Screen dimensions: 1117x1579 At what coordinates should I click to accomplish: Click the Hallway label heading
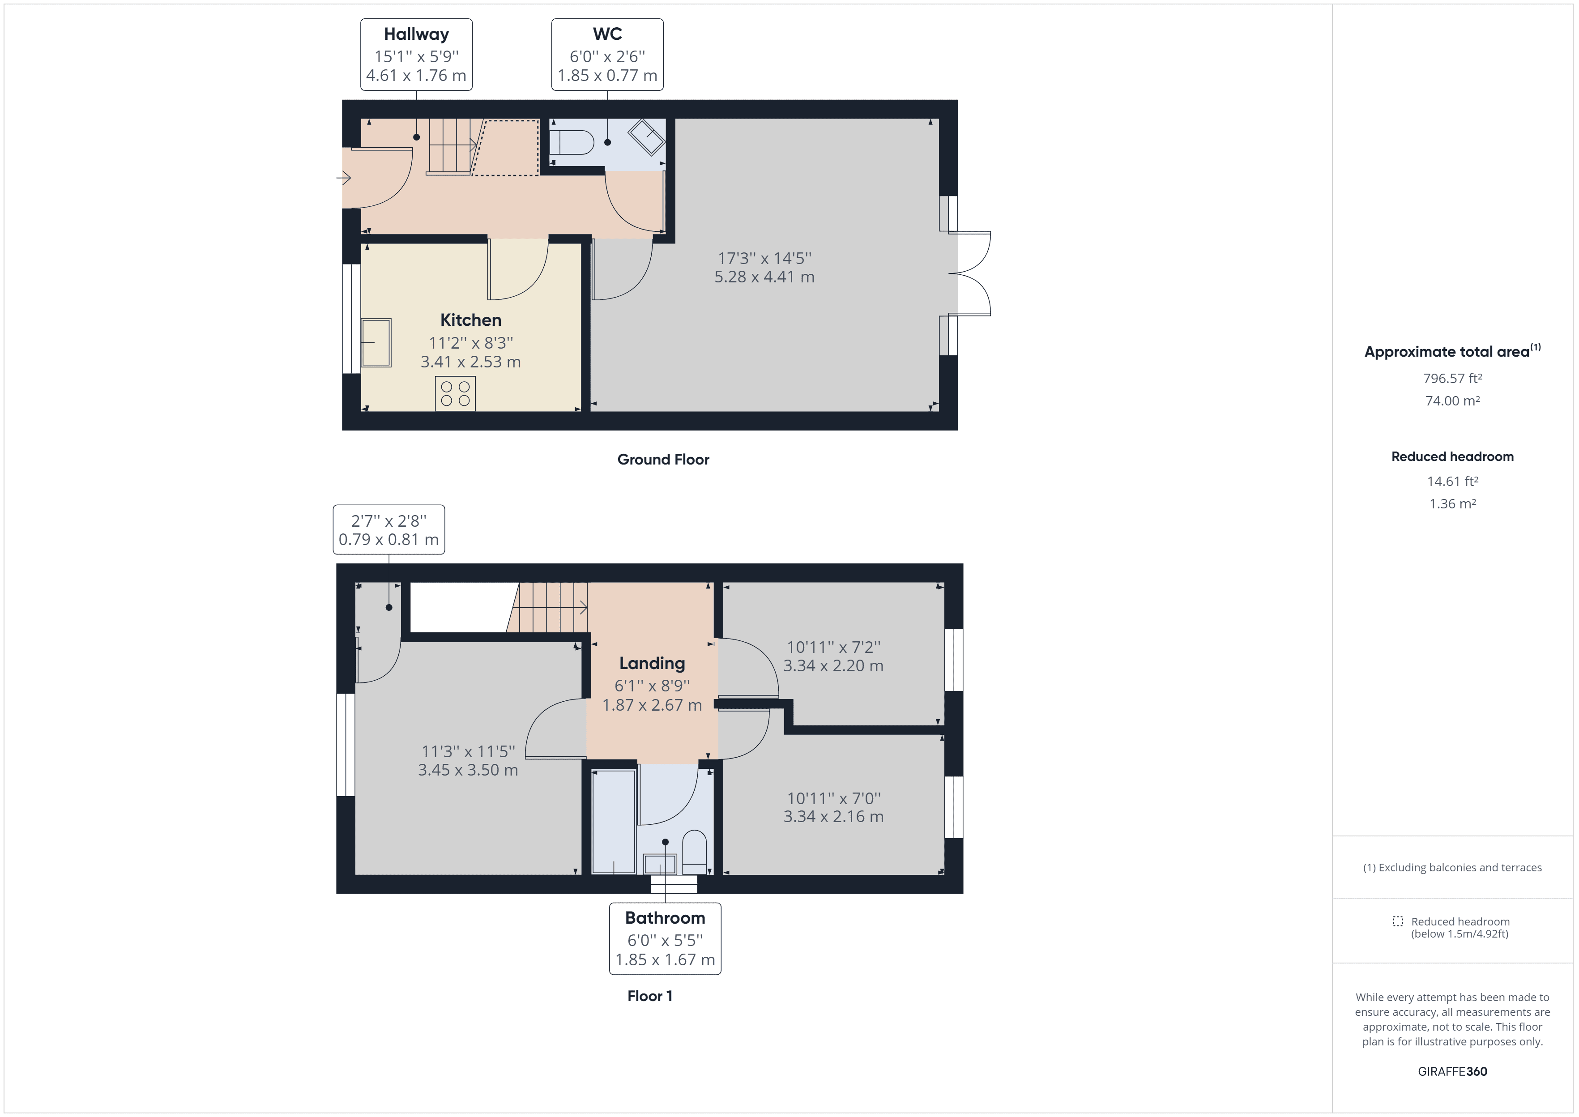point(416,34)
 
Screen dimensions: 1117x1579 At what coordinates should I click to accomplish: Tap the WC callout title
point(607,34)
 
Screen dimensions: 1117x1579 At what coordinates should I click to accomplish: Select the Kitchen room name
point(470,320)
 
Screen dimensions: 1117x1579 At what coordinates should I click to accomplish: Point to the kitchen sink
point(376,342)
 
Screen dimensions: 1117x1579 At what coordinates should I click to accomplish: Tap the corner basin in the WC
point(646,137)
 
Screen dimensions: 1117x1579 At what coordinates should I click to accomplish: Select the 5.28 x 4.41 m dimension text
point(764,277)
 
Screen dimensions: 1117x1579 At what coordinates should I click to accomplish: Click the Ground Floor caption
point(663,460)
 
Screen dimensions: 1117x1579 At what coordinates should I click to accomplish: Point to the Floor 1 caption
point(650,996)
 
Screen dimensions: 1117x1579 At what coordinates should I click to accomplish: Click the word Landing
point(652,663)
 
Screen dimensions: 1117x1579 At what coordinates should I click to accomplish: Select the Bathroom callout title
point(665,918)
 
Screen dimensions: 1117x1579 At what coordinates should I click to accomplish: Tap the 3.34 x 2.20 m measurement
point(833,666)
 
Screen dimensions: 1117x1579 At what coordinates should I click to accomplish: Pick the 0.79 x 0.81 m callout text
point(388,540)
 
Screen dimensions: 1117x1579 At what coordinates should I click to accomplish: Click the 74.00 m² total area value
point(1452,401)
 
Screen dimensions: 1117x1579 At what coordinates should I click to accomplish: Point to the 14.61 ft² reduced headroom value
point(1452,482)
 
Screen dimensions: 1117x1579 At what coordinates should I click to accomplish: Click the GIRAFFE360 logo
point(1452,1072)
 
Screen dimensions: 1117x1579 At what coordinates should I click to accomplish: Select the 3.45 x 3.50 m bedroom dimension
point(468,770)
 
